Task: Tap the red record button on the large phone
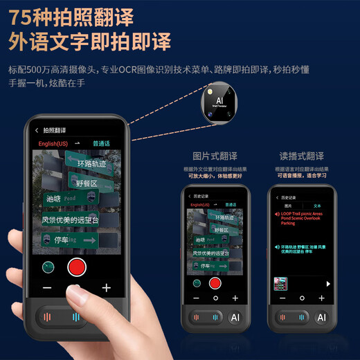pyautogui.click(x=76, y=267)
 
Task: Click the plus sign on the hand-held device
pyautogui.click(x=106, y=287)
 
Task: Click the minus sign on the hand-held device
pyautogui.click(x=47, y=287)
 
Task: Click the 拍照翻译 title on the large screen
pyautogui.click(x=55, y=130)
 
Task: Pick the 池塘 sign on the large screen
pyautogui.click(x=54, y=199)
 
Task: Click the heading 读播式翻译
pyautogui.click(x=301, y=157)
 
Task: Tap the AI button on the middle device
pyautogui.click(x=234, y=317)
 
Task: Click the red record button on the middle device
pyautogui.click(x=215, y=282)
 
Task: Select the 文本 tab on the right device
pyautogui.click(x=317, y=206)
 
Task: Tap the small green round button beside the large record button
pyautogui.click(x=48, y=267)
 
